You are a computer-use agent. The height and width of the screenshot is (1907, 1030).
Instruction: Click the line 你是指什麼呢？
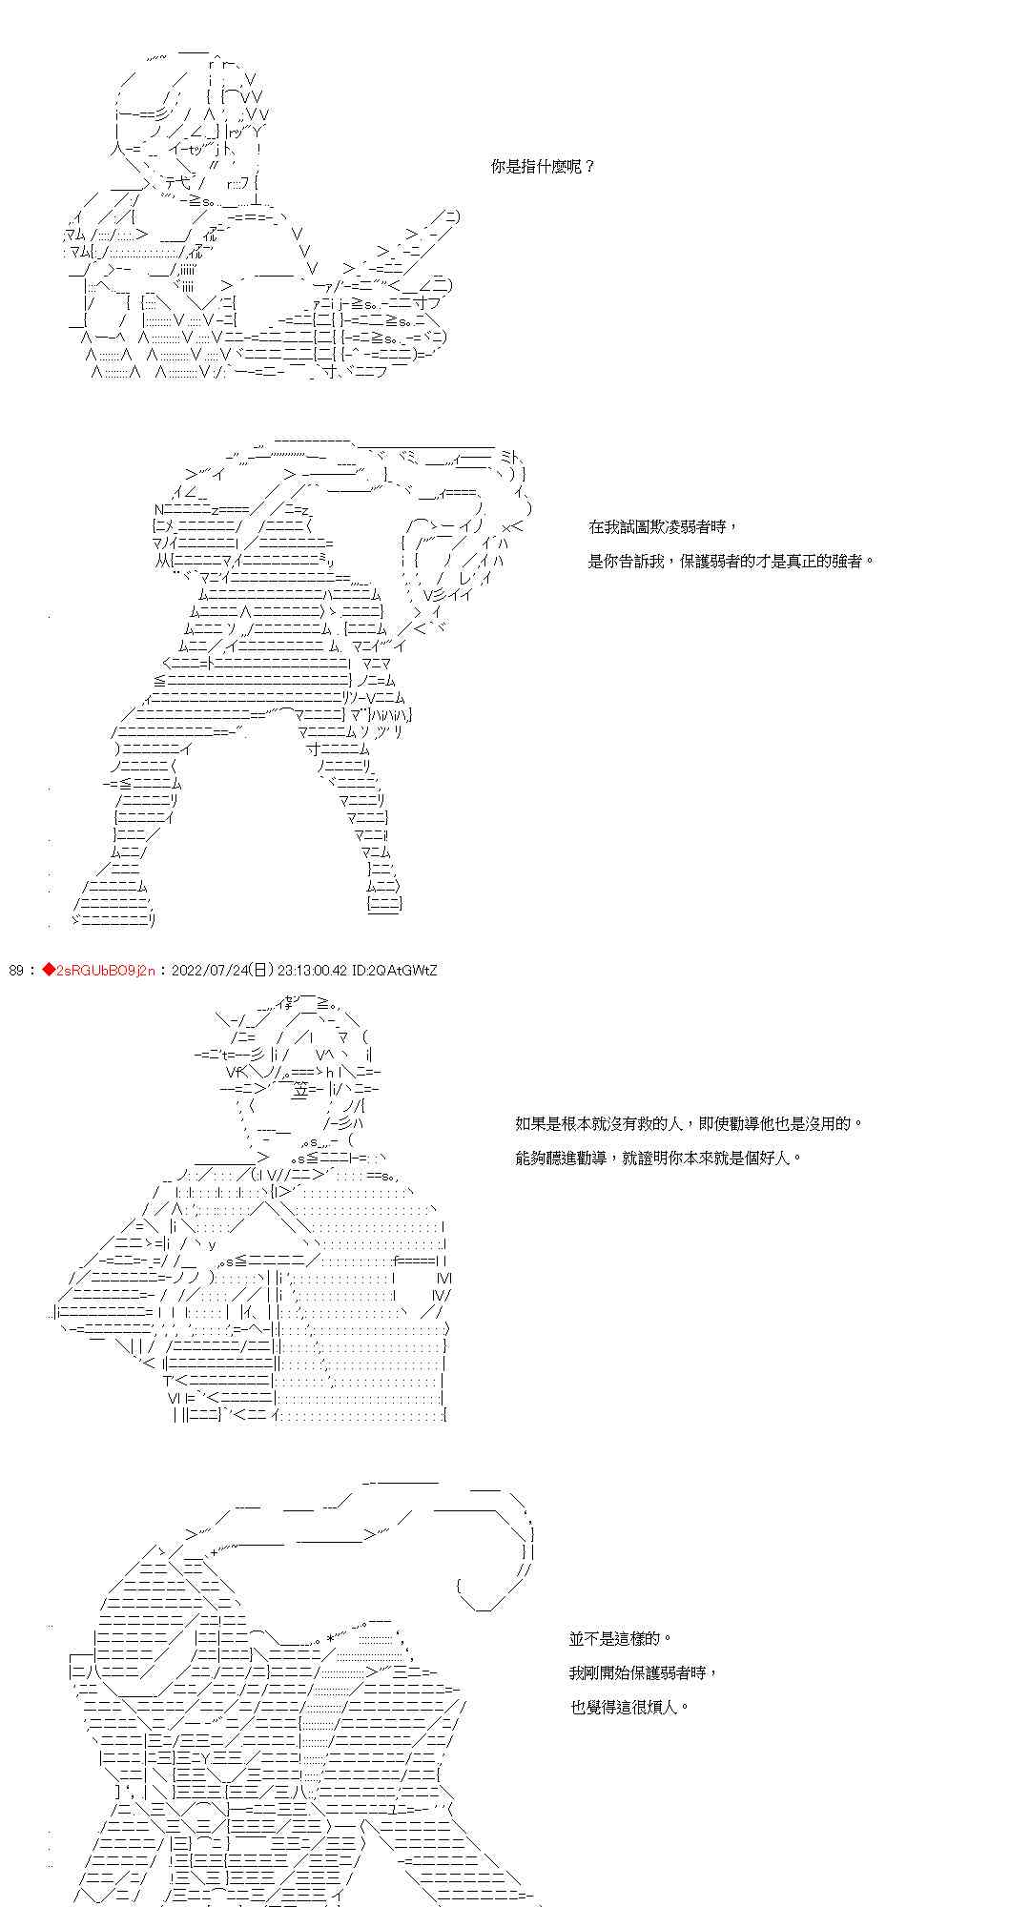pos(544,167)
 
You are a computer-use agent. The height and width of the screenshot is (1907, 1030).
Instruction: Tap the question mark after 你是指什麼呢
pos(588,167)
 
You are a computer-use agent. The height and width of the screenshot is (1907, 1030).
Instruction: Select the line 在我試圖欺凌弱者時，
pos(663,527)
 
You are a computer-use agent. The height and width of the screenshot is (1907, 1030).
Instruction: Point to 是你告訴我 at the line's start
pos(628,561)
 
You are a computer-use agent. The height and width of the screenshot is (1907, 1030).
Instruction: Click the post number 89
pos(15,971)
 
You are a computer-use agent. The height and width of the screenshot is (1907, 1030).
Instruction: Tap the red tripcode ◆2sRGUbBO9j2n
pos(98,971)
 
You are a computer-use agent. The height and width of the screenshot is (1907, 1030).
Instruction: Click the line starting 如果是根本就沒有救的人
pos(688,1124)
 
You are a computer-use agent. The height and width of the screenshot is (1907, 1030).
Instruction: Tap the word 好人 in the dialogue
pos(775,1159)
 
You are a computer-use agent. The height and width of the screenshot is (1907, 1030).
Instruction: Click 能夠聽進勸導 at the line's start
pos(563,1159)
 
